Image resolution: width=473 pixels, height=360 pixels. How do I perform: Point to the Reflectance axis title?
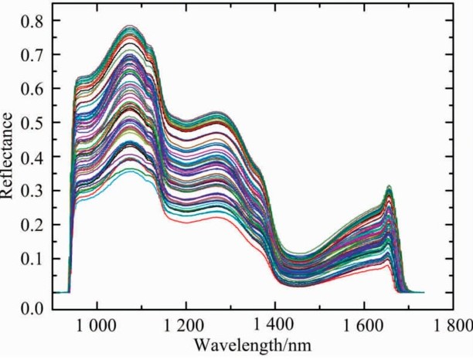tap(9, 155)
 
